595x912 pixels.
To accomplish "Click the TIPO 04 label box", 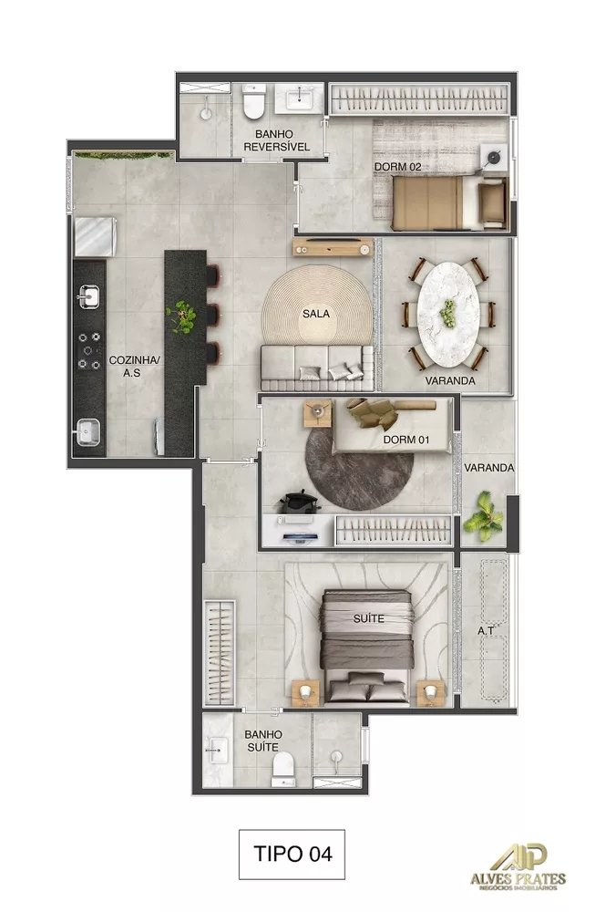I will pos(292,854).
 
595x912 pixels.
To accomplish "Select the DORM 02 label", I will pos(397,167).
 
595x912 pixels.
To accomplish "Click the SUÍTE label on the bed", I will pos(369,618).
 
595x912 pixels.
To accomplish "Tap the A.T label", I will pos(486,630).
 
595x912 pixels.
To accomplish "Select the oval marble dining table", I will pos(446,311).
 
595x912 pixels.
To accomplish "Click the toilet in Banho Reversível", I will pos(254,103).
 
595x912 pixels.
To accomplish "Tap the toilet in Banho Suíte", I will pos(284,768).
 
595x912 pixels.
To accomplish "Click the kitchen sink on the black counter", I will pos(89,296).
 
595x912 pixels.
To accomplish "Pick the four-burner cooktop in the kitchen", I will pos(89,351).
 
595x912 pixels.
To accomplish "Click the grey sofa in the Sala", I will pos(315,363).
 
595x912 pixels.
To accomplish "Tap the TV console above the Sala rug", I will pos(333,247).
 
